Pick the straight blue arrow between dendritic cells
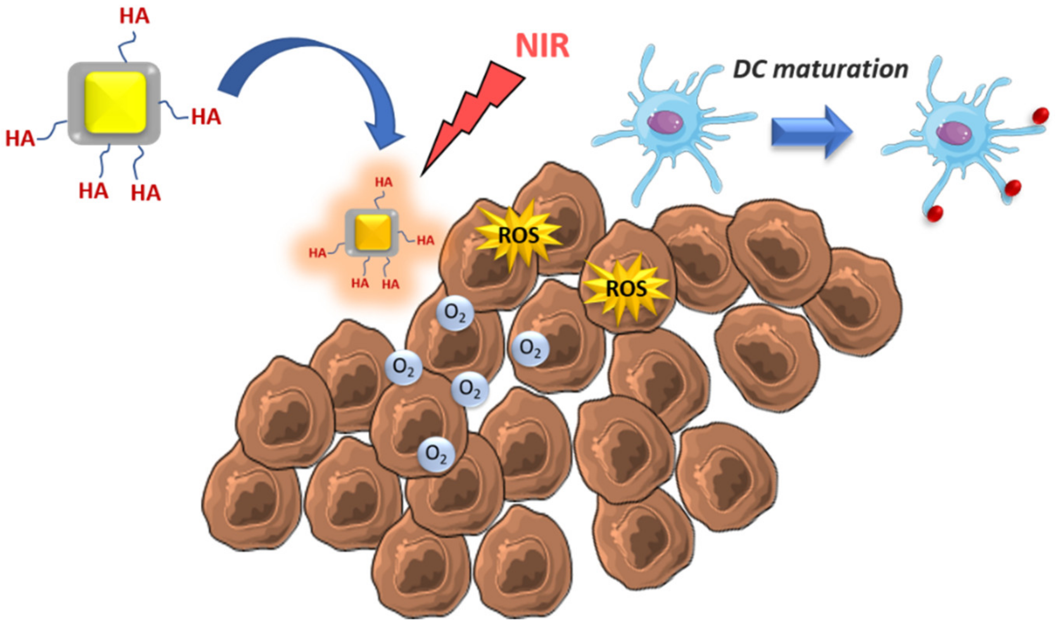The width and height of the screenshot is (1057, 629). [x=810, y=132]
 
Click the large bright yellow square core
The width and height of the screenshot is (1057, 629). [x=116, y=103]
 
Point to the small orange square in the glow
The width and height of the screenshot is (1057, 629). [x=373, y=232]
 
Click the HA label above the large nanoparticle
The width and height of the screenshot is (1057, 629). [x=135, y=17]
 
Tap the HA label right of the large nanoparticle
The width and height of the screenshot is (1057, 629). [x=206, y=117]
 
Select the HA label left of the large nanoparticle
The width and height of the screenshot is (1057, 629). [x=20, y=139]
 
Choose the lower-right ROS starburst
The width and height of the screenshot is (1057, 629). [x=626, y=289]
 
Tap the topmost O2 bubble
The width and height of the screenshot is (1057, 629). [x=455, y=313]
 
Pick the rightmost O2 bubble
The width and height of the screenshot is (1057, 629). [x=530, y=349]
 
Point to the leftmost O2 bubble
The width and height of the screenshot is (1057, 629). [x=403, y=367]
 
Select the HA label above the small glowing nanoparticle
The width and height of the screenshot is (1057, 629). [x=383, y=183]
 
